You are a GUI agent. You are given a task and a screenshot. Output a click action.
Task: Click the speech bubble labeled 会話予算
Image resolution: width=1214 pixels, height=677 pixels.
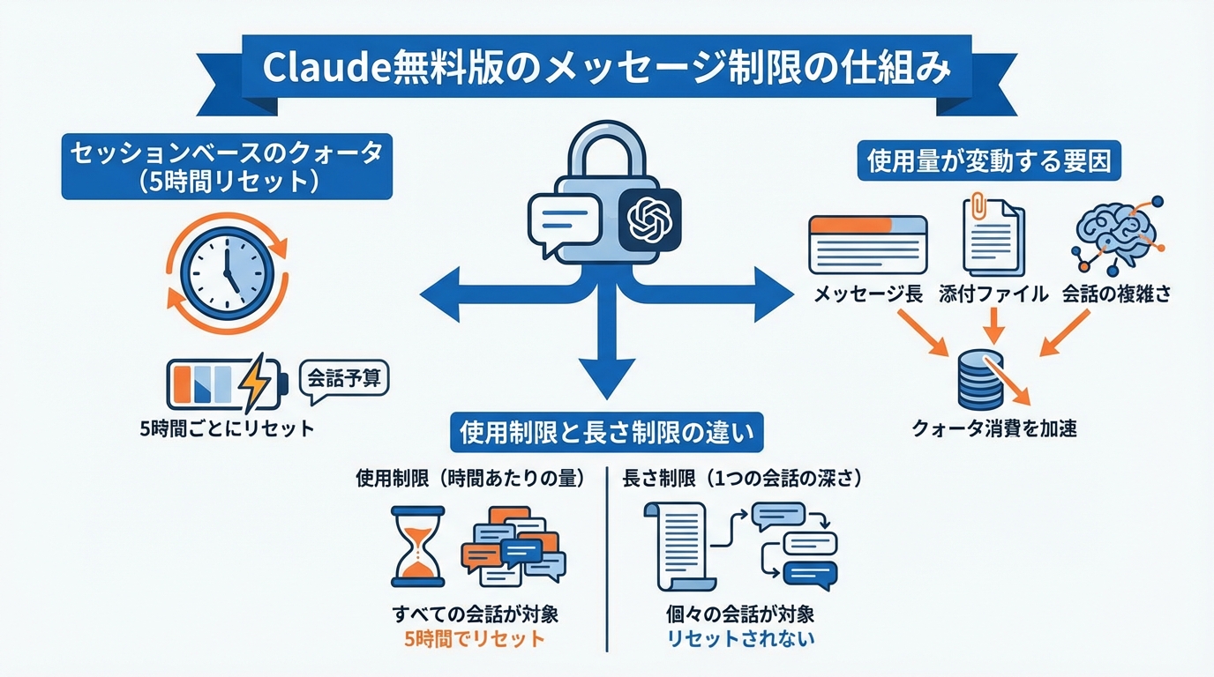pos(344,380)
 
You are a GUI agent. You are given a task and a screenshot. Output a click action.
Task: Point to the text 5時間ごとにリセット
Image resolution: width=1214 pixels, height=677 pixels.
pos(227,429)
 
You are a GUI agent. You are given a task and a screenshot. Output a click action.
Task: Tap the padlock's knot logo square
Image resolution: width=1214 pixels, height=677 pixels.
pos(649,220)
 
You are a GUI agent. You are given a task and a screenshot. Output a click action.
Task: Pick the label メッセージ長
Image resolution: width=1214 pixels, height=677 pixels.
pos(868,294)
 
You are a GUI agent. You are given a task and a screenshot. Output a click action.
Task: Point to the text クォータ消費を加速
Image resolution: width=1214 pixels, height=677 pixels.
pos(993,429)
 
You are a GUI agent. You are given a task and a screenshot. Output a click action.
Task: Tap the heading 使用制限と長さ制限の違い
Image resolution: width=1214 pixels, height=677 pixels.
pos(608,433)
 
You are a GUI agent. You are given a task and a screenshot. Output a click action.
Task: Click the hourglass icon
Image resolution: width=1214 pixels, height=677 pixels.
pos(417,546)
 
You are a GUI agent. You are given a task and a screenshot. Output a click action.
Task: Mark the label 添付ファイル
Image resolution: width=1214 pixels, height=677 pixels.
pos(993,294)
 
